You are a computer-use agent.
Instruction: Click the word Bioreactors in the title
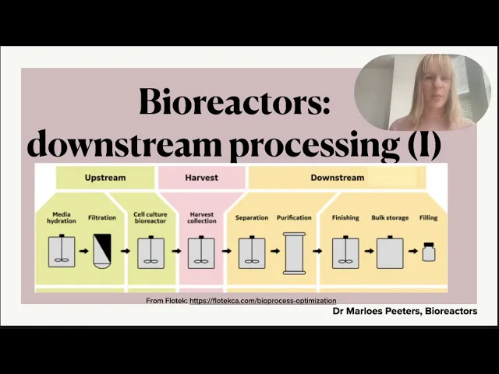(235, 102)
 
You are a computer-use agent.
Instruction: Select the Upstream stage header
(105, 178)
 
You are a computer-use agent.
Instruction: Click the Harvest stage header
(201, 178)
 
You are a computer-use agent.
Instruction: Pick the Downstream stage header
(337, 178)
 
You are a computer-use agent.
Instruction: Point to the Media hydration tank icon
(62, 251)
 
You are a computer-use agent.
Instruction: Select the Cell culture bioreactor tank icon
(150, 251)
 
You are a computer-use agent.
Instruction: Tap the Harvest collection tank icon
(201, 251)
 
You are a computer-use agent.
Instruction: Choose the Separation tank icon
(251, 251)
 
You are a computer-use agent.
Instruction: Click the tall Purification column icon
(294, 252)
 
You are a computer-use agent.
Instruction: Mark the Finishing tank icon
(345, 251)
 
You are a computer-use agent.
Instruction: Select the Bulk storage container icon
(389, 251)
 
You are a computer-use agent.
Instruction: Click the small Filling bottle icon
(428, 252)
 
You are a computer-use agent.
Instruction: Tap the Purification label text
(294, 218)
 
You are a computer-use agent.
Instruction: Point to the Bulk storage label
(389, 218)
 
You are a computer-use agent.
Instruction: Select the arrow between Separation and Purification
(274, 251)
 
